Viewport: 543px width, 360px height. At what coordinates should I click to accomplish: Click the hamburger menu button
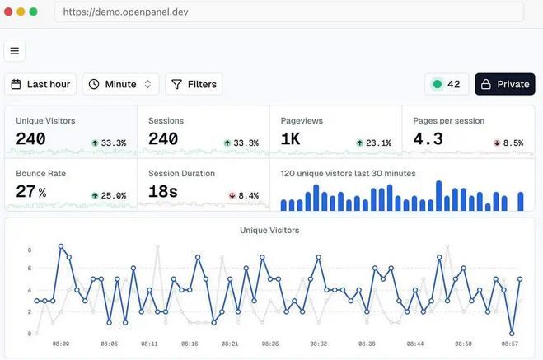click(x=15, y=51)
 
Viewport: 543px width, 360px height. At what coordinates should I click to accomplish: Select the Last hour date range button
click(x=40, y=84)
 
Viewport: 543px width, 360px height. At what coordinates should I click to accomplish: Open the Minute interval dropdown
click(x=121, y=84)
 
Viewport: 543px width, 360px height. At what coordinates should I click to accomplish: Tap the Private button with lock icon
click(x=504, y=84)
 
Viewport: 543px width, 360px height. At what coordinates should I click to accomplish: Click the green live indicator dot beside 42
click(x=437, y=84)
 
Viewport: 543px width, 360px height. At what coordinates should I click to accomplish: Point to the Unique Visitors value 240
click(x=31, y=139)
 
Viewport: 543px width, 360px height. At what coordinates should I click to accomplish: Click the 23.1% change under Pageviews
click(x=373, y=143)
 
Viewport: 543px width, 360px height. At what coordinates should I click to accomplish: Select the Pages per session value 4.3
click(x=428, y=139)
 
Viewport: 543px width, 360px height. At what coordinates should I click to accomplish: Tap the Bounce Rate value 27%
click(x=31, y=192)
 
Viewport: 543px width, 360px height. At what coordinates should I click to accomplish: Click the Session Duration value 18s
click(x=163, y=192)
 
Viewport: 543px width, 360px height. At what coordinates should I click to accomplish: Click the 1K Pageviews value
click(x=290, y=139)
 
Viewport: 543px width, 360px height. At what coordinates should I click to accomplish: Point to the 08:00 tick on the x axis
click(x=61, y=344)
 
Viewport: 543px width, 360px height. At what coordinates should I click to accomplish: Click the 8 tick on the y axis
click(x=30, y=249)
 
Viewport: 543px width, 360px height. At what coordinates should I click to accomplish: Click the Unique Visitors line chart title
click(x=269, y=230)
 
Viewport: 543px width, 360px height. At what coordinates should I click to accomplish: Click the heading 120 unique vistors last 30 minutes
click(x=348, y=174)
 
